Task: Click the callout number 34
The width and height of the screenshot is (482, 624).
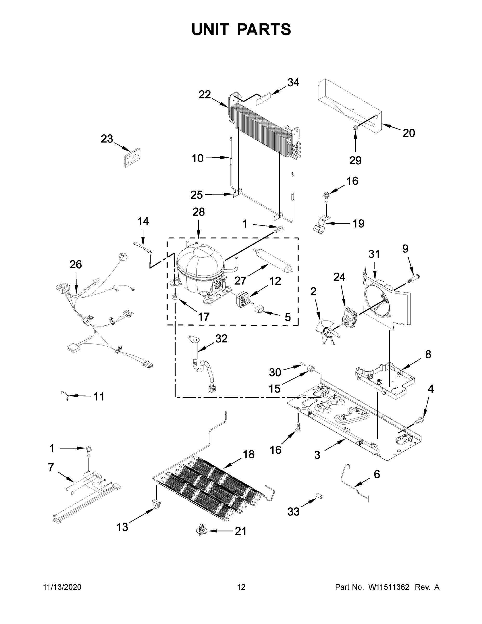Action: tap(293, 83)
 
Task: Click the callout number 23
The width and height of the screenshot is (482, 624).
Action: tap(107, 139)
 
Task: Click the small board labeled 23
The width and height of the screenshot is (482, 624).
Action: tap(132, 157)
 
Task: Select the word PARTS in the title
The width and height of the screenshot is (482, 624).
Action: tap(264, 29)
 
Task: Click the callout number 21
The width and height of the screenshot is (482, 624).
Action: tap(240, 531)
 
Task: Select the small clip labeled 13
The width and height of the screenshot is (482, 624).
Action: tap(156, 504)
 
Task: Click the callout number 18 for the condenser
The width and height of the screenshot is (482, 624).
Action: tap(248, 454)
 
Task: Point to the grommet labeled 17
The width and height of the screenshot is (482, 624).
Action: tap(175, 297)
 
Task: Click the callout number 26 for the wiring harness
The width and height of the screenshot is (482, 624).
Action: tap(76, 265)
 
